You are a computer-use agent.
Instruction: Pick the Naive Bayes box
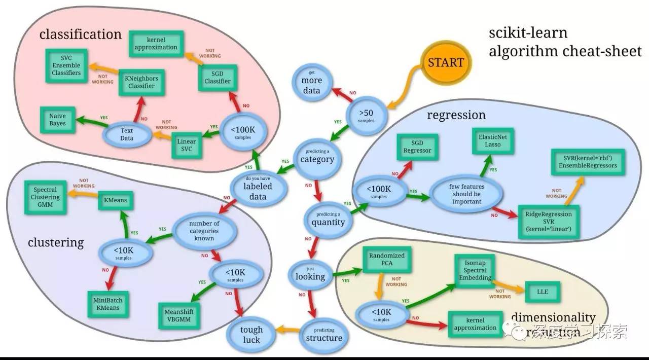pos(58,120)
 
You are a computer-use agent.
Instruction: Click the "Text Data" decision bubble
pos(127,134)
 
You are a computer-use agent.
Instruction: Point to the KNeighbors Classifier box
pos(141,83)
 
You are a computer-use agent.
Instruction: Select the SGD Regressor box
pos(417,147)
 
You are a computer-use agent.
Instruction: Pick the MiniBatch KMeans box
pos(107,304)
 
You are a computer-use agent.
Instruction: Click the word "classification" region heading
pos(81,34)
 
